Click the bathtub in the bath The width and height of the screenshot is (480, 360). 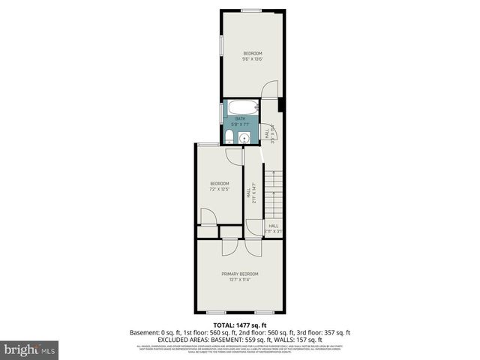(x=240, y=106)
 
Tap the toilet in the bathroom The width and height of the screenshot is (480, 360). (x=228, y=136)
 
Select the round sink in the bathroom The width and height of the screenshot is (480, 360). (x=244, y=137)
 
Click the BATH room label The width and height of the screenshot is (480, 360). (x=240, y=118)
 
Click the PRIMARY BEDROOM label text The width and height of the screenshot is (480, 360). (x=240, y=274)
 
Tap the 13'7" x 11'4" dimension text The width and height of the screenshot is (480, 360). (x=240, y=280)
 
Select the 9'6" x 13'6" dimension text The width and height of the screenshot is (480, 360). (x=253, y=58)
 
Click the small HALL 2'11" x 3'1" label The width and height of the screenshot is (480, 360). (x=273, y=228)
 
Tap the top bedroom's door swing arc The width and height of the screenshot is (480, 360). (x=268, y=90)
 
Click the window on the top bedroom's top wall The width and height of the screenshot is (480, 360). (x=251, y=10)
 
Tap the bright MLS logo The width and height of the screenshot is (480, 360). (x=30, y=349)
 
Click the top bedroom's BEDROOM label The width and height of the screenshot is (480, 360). (x=253, y=52)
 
